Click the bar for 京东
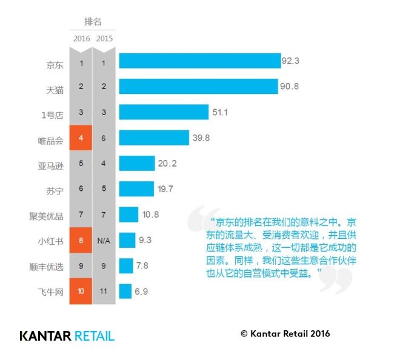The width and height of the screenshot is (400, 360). (x=199, y=61)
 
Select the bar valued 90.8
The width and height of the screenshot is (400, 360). (x=198, y=87)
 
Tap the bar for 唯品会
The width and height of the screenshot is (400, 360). (x=154, y=138)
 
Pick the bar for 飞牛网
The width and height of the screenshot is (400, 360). (x=125, y=292)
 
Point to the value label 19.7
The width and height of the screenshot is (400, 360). (x=165, y=189)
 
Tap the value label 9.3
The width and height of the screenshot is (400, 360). (x=145, y=240)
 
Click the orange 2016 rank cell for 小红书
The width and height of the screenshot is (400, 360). (x=81, y=240)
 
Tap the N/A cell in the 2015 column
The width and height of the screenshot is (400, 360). (x=104, y=240)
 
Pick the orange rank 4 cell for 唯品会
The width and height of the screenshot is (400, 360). (x=81, y=138)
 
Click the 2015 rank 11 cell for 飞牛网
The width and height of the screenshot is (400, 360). (x=104, y=292)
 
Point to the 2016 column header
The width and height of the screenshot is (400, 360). (x=81, y=39)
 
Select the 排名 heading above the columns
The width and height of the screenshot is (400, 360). (x=93, y=22)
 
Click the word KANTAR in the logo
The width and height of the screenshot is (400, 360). (x=46, y=335)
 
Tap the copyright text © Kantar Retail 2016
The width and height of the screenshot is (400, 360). (x=285, y=334)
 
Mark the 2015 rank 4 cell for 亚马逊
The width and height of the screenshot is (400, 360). (x=104, y=164)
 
